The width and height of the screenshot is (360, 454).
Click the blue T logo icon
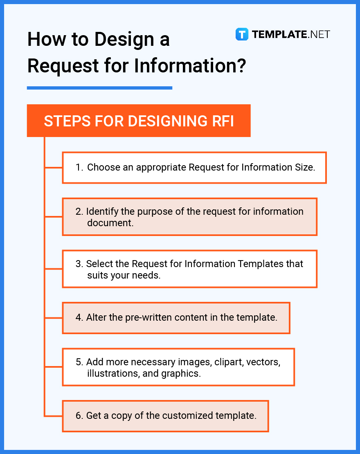click(x=242, y=34)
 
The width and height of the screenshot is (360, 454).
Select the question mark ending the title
click(x=241, y=65)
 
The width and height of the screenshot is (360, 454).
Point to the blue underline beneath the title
click(x=99, y=88)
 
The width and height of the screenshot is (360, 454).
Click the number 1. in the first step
click(x=79, y=167)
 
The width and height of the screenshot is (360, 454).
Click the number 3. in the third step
click(x=79, y=264)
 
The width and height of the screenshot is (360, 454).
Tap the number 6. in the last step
click(x=79, y=416)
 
